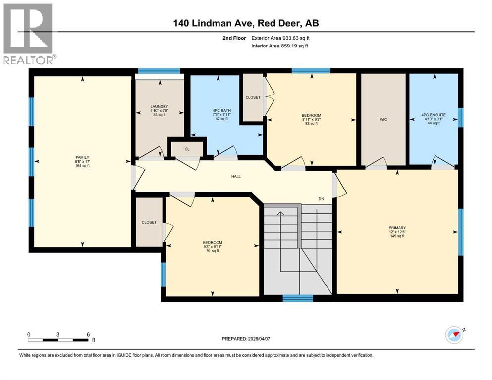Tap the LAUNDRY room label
point(160,107)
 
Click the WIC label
point(383,119)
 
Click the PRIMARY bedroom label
point(397,228)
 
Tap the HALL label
point(236,176)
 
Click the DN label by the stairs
point(321,199)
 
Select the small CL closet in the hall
point(186,148)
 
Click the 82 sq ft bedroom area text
point(311,124)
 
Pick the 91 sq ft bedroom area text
point(212,251)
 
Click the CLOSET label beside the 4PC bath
point(253,97)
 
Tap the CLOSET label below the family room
point(149,222)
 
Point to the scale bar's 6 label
point(88,334)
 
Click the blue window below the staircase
point(298,298)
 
